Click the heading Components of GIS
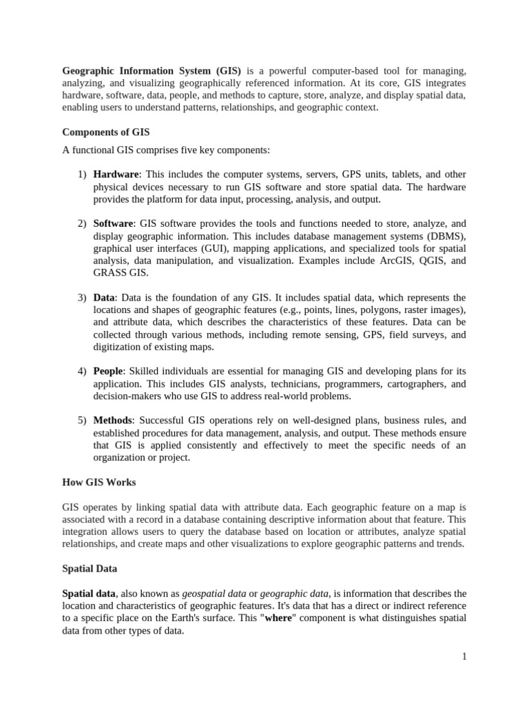point(105,132)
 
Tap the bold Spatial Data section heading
point(90,569)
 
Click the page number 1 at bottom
point(464,657)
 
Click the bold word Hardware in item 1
point(116,174)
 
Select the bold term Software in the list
point(114,224)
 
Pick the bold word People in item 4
point(109,371)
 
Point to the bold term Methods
point(112,420)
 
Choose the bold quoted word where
point(280,618)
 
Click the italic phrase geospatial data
point(214,594)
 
